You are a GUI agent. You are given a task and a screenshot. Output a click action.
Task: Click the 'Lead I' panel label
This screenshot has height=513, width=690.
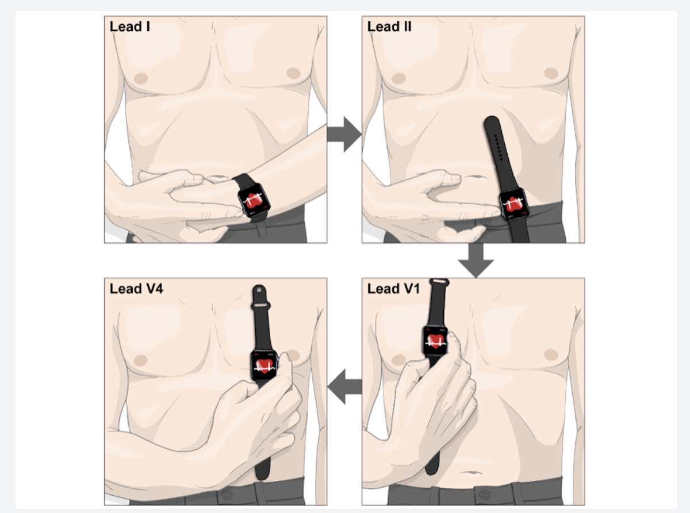(130, 27)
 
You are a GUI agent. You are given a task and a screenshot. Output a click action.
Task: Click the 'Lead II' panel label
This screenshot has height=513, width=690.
(389, 27)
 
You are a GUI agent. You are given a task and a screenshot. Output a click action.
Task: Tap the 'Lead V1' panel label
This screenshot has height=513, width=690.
(393, 289)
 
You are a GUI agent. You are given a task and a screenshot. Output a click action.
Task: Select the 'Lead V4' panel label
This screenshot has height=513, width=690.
(136, 289)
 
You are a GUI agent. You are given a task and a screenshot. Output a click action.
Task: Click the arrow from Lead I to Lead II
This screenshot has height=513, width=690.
(344, 135)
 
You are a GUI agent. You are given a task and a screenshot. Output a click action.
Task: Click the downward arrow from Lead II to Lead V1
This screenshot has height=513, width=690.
(476, 260)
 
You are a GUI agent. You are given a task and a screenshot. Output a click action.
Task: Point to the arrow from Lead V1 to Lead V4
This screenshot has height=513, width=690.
(344, 386)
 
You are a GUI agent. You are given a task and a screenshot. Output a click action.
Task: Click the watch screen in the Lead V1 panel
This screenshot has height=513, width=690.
(435, 340)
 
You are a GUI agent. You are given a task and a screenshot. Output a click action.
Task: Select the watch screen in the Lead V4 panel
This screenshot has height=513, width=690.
(264, 366)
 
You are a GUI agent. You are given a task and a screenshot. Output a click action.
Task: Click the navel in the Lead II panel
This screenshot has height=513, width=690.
(474, 177)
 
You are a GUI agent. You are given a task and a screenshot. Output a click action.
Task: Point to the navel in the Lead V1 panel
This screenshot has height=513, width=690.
(472, 472)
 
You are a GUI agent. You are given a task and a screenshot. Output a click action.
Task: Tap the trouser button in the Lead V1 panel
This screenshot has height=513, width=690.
(485, 494)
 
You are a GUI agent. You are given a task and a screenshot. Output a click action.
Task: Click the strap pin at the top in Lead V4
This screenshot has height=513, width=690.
(259, 290)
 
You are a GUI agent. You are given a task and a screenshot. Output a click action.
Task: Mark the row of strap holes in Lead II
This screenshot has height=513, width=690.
(498, 147)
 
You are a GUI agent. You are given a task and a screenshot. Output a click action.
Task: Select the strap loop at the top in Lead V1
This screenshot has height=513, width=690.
(439, 281)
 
